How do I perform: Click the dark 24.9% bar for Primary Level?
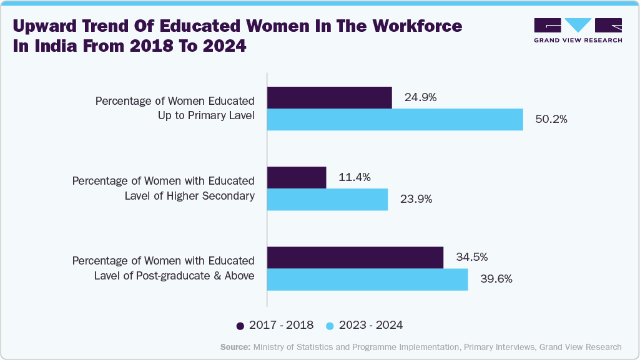pyautogui.click(x=329, y=97)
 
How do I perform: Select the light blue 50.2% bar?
pyautogui.click(x=395, y=119)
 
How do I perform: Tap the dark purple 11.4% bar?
pyautogui.click(x=297, y=177)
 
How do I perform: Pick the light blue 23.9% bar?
pyautogui.click(x=327, y=199)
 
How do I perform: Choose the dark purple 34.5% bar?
pyautogui.click(x=355, y=257)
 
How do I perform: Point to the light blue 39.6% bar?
pyautogui.click(x=367, y=279)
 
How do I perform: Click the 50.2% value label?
pyautogui.click(x=551, y=119)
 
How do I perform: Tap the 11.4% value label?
pyautogui.click(x=355, y=177)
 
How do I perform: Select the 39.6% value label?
pyautogui.click(x=496, y=279)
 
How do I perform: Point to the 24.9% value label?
pyautogui.click(x=420, y=97)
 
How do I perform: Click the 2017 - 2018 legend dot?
pyautogui.click(x=240, y=325)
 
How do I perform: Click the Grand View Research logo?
pyautogui.click(x=578, y=30)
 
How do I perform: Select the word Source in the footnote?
pyautogui.click(x=235, y=347)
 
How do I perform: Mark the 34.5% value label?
pyautogui.click(x=471, y=257)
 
